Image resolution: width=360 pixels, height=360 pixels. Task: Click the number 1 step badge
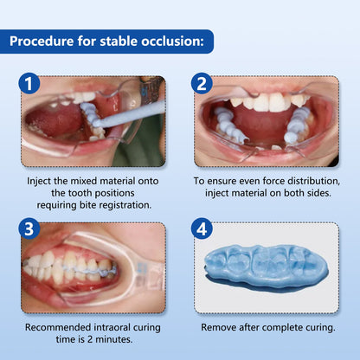[29, 85]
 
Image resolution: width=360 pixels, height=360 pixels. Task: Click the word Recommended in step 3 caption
[61, 327]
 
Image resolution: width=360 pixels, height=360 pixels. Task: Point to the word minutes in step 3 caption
[112, 339]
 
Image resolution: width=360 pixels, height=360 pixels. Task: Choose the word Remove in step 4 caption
[221, 328]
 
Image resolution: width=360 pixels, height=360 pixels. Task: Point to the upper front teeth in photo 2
[264, 102]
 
